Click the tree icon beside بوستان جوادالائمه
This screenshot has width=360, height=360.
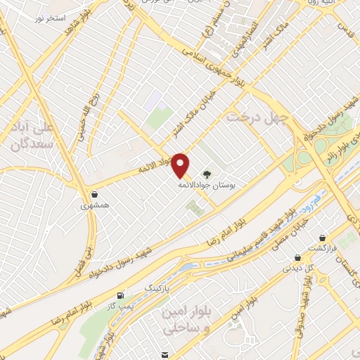tap(206, 174)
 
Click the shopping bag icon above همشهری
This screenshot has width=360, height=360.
tap(94, 195)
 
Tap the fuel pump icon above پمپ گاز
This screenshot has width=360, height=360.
tap(124, 294)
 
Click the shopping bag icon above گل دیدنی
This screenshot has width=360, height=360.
tap(297, 257)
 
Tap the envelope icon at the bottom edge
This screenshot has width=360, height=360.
tap(164, 355)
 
